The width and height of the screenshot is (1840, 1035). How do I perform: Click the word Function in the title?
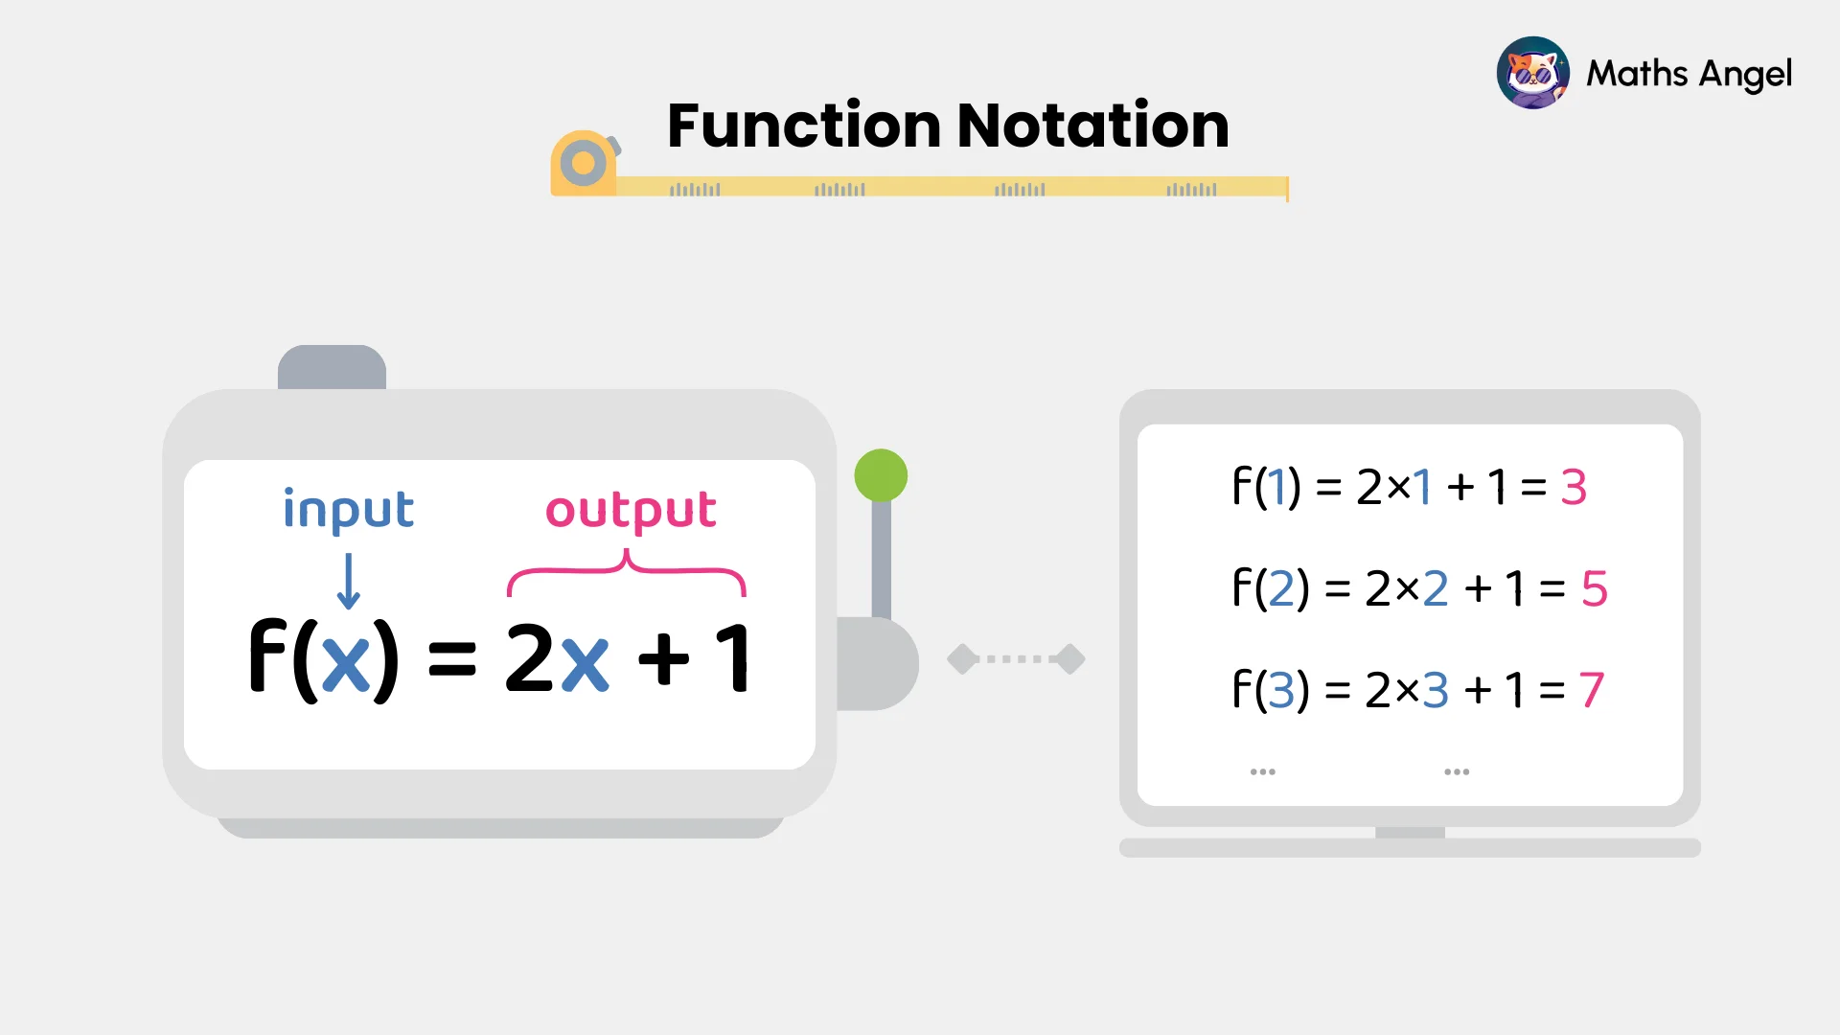pyautogui.click(x=804, y=126)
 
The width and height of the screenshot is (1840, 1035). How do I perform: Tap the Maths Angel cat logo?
pyautogui.click(x=1532, y=73)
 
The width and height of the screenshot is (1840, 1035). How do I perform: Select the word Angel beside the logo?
pyautogui.click(x=1745, y=75)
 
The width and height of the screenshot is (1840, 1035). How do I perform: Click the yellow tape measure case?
pyautogui.click(x=583, y=164)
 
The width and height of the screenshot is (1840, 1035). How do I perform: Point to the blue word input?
pyautogui.click(x=349, y=509)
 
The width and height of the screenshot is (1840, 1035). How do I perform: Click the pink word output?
pyautogui.click(x=631, y=509)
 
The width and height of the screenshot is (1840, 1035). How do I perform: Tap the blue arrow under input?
pyautogui.click(x=349, y=581)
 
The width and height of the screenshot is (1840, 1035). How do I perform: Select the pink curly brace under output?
pyautogui.click(x=626, y=571)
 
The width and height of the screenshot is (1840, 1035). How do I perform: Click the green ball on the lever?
pyautogui.click(x=881, y=475)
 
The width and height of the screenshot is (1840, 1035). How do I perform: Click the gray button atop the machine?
pyautogui.click(x=332, y=367)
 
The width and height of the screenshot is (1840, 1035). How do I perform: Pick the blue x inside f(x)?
pyautogui.click(x=346, y=661)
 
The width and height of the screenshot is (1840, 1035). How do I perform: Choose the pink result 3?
pyautogui.click(x=1574, y=487)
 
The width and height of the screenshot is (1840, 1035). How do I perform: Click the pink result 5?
pyautogui.click(x=1594, y=588)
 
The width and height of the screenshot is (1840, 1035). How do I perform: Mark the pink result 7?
pyautogui.click(x=1591, y=690)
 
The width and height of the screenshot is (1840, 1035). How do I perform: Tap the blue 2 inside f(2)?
pyautogui.click(x=1281, y=588)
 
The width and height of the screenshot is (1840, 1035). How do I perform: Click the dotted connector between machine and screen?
pyautogui.click(x=1016, y=659)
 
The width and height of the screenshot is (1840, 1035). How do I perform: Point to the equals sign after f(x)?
pyautogui.click(x=451, y=659)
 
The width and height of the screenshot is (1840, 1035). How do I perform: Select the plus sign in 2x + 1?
pyautogui.click(x=663, y=659)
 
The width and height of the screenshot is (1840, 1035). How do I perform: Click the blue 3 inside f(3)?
pyautogui.click(x=1281, y=690)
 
